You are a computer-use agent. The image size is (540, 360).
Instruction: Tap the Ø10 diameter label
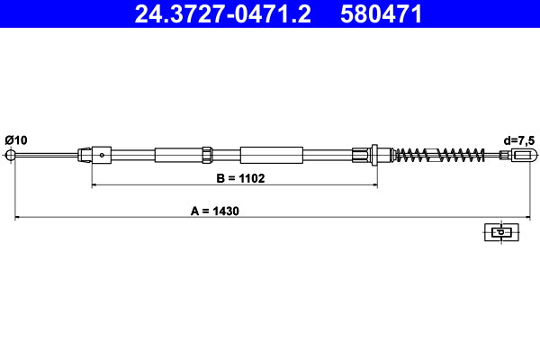tap(16, 139)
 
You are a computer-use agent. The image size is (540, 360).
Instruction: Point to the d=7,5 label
tap(520, 139)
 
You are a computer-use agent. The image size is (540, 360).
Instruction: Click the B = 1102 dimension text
tap(239, 178)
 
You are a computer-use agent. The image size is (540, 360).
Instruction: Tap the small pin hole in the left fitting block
tap(103, 155)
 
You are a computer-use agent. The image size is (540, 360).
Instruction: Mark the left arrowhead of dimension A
tap(17, 217)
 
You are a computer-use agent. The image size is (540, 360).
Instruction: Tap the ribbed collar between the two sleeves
tap(206, 155)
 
